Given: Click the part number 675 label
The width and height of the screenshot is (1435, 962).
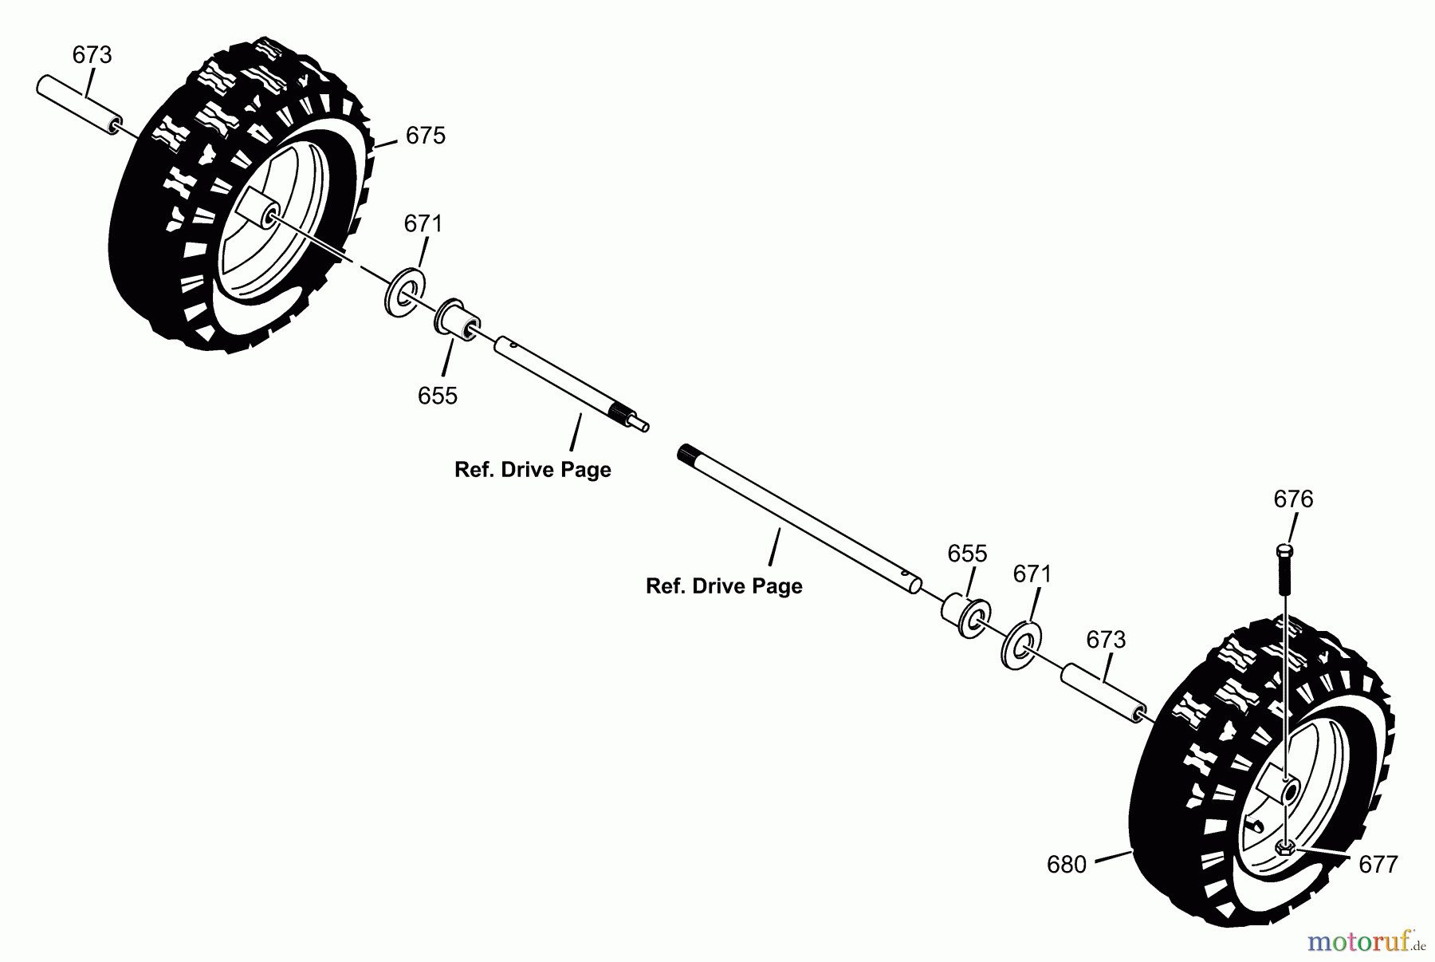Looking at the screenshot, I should (425, 136).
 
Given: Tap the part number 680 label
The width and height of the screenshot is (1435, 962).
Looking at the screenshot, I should (1067, 865).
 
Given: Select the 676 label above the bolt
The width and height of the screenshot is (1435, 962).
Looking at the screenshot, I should (1293, 499).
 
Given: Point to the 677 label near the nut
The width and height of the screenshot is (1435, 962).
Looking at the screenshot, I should (1378, 865).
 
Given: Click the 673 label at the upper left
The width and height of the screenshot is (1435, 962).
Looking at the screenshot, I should (92, 55).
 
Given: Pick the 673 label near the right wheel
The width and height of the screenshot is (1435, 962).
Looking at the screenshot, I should (1106, 640).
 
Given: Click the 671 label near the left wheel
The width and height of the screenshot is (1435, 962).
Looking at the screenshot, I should (423, 224).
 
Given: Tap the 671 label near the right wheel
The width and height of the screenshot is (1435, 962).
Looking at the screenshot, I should (1032, 574).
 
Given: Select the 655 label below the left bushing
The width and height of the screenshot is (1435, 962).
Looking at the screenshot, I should (438, 396).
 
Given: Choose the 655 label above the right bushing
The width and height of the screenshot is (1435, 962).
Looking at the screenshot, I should (967, 554).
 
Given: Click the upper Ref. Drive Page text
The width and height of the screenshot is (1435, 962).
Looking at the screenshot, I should (533, 470).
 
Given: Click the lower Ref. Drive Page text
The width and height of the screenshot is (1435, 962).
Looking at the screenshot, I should (724, 586).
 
